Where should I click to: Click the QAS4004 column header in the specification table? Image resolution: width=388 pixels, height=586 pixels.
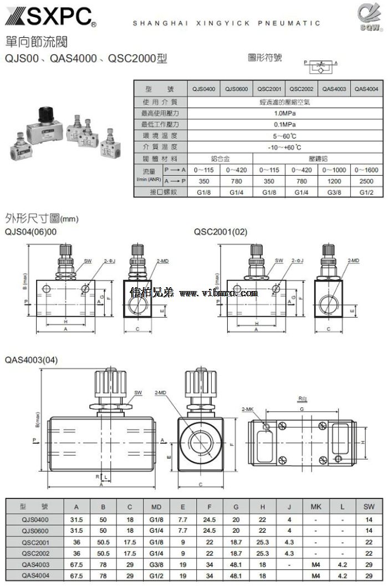coord(366,89)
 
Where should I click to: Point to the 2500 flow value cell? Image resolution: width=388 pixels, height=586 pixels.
coord(366,181)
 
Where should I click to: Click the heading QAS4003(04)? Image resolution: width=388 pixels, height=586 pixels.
coord(31,360)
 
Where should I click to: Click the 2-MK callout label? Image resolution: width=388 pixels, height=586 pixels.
coord(248,409)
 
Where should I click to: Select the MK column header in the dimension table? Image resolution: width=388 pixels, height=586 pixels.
coord(316,507)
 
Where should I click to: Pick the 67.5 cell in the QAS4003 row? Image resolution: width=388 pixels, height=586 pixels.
coord(77,564)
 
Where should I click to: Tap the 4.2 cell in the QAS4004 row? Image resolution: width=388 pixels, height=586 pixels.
coord(343,575)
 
